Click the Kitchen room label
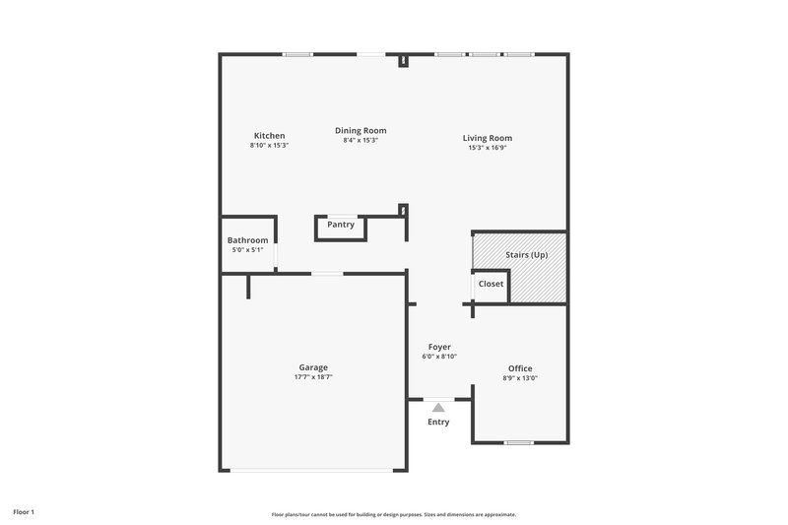[x=269, y=135]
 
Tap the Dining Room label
[x=361, y=130]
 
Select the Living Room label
[x=488, y=138]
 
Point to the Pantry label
[x=341, y=225]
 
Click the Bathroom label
[x=247, y=240]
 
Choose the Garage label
[x=313, y=367]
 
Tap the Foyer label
[x=439, y=347]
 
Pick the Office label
[x=519, y=367]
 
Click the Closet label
[x=491, y=284]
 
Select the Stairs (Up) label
[x=526, y=255]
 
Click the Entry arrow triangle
[x=438, y=406]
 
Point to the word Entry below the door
[x=438, y=423]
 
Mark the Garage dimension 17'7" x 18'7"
[x=313, y=377]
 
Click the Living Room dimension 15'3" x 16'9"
[x=488, y=148]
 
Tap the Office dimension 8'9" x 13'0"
[x=519, y=377]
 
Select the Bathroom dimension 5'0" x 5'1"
[x=247, y=250]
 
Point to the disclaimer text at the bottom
[x=394, y=514]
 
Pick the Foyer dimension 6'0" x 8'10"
[x=439, y=357]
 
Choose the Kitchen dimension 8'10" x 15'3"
[x=269, y=145]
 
